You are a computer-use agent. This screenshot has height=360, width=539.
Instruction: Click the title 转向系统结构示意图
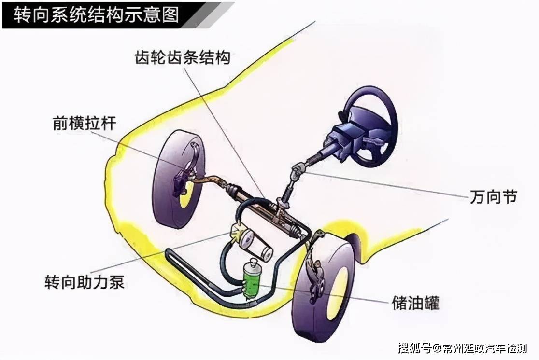point(96,15)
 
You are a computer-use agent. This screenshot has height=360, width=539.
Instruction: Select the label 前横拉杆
point(85,124)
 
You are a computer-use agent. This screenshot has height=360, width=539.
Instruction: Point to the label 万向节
point(493,197)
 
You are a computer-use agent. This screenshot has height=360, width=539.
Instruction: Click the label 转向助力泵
point(84,282)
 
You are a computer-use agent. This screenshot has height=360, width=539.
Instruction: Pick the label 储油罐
point(415,303)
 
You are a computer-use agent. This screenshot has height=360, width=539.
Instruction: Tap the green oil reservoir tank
point(252,280)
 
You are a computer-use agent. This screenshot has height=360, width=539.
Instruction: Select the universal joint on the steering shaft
point(297,171)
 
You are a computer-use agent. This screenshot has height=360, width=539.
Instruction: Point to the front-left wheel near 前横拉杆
point(179,179)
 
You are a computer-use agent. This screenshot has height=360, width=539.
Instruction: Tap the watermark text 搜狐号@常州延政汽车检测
point(462,348)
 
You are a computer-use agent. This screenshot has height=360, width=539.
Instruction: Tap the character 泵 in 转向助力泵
point(116,282)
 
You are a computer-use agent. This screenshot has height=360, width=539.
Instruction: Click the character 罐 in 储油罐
point(431,303)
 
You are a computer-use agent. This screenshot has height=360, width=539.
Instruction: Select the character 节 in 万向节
point(509,197)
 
